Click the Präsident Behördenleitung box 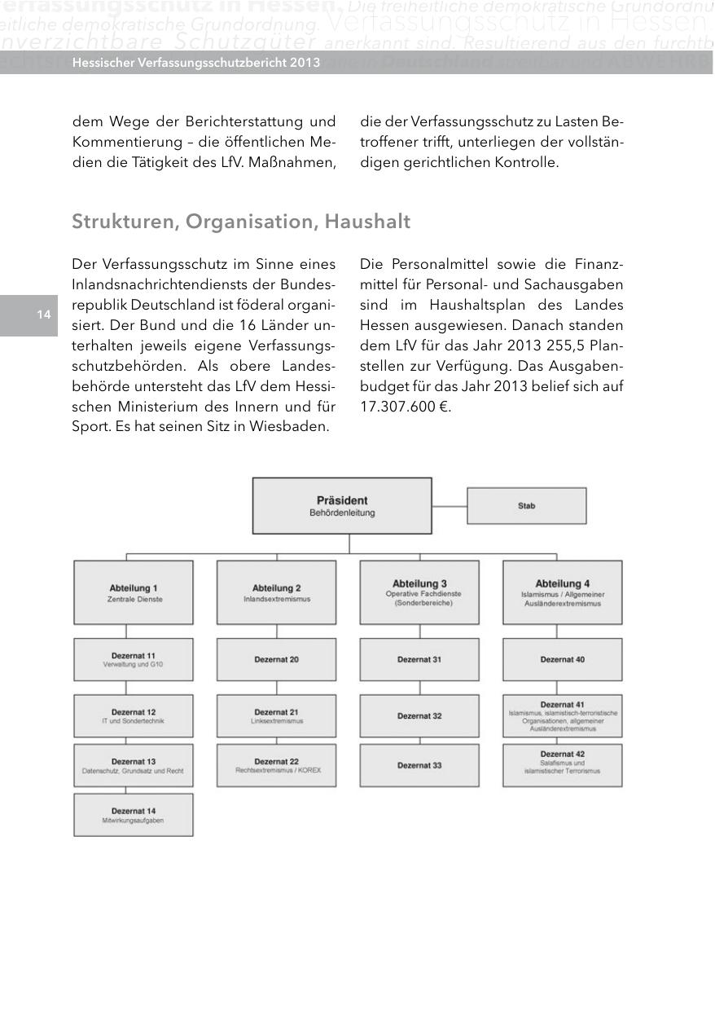pyautogui.click(x=342, y=505)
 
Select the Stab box pyautogui.click(x=526, y=506)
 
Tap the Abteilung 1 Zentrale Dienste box pyautogui.click(x=134, y=592)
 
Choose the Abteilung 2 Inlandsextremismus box pyautogui.click(x=276, y=592)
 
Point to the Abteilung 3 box pyautogui.click(x=419, y=592)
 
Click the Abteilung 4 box pyautogui.click(x=562, y=592)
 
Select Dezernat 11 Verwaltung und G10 pyautogui.click(x=134, y=659)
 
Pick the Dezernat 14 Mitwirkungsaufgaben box pyautogui.click(x=134, y=815)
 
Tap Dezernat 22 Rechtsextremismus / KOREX pyautogui.click(x=276, y=765)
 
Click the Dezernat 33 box pyautogui.click(x=419, y=765)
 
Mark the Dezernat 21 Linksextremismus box pyautogui.click(x=276, y=716)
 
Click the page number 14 pyautogui.click(x=43, y=315)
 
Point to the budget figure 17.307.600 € pyautogui.click(x=405, y=406)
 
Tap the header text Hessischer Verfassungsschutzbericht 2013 pyautogui.click(x=195, y=63)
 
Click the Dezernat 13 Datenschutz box pyautogui.click(x=134, y=765)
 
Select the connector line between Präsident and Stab pyautogui.click(x=449, y=505)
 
